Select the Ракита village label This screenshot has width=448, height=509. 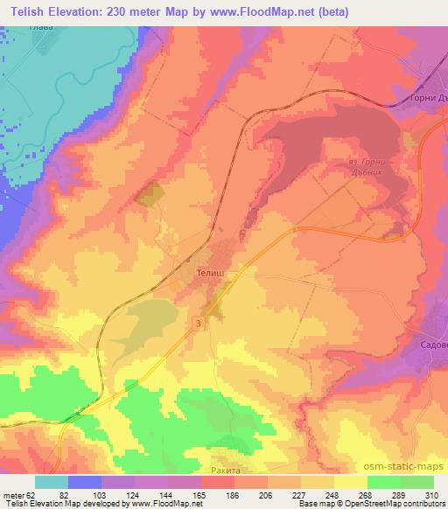(225, 470)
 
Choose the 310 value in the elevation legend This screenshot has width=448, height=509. (431, 495)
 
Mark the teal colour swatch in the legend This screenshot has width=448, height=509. (52, 482)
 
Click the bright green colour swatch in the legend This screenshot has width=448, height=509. (416, 482)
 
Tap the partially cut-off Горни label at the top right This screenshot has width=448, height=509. (428, 98)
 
